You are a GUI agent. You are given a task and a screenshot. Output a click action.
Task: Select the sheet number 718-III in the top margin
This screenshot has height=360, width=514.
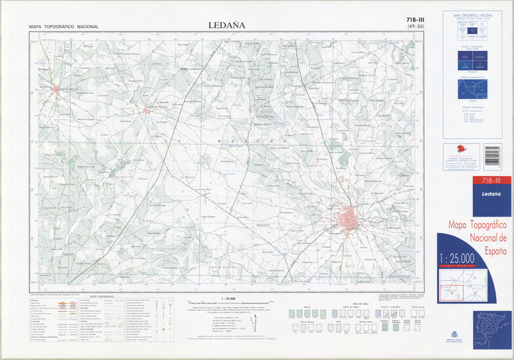pos(410,19)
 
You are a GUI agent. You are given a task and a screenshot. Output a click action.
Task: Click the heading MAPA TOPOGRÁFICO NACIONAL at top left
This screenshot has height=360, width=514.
pos(64,26)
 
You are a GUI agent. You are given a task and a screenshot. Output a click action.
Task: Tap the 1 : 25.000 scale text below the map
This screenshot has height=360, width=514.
pos(227,299)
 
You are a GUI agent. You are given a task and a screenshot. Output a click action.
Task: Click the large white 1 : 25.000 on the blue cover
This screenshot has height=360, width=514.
pos(457,258)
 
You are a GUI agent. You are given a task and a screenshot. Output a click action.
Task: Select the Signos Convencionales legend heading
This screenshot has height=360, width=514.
pos(102,296)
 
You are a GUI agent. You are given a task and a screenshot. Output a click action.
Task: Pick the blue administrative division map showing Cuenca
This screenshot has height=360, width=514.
pos(475,89)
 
